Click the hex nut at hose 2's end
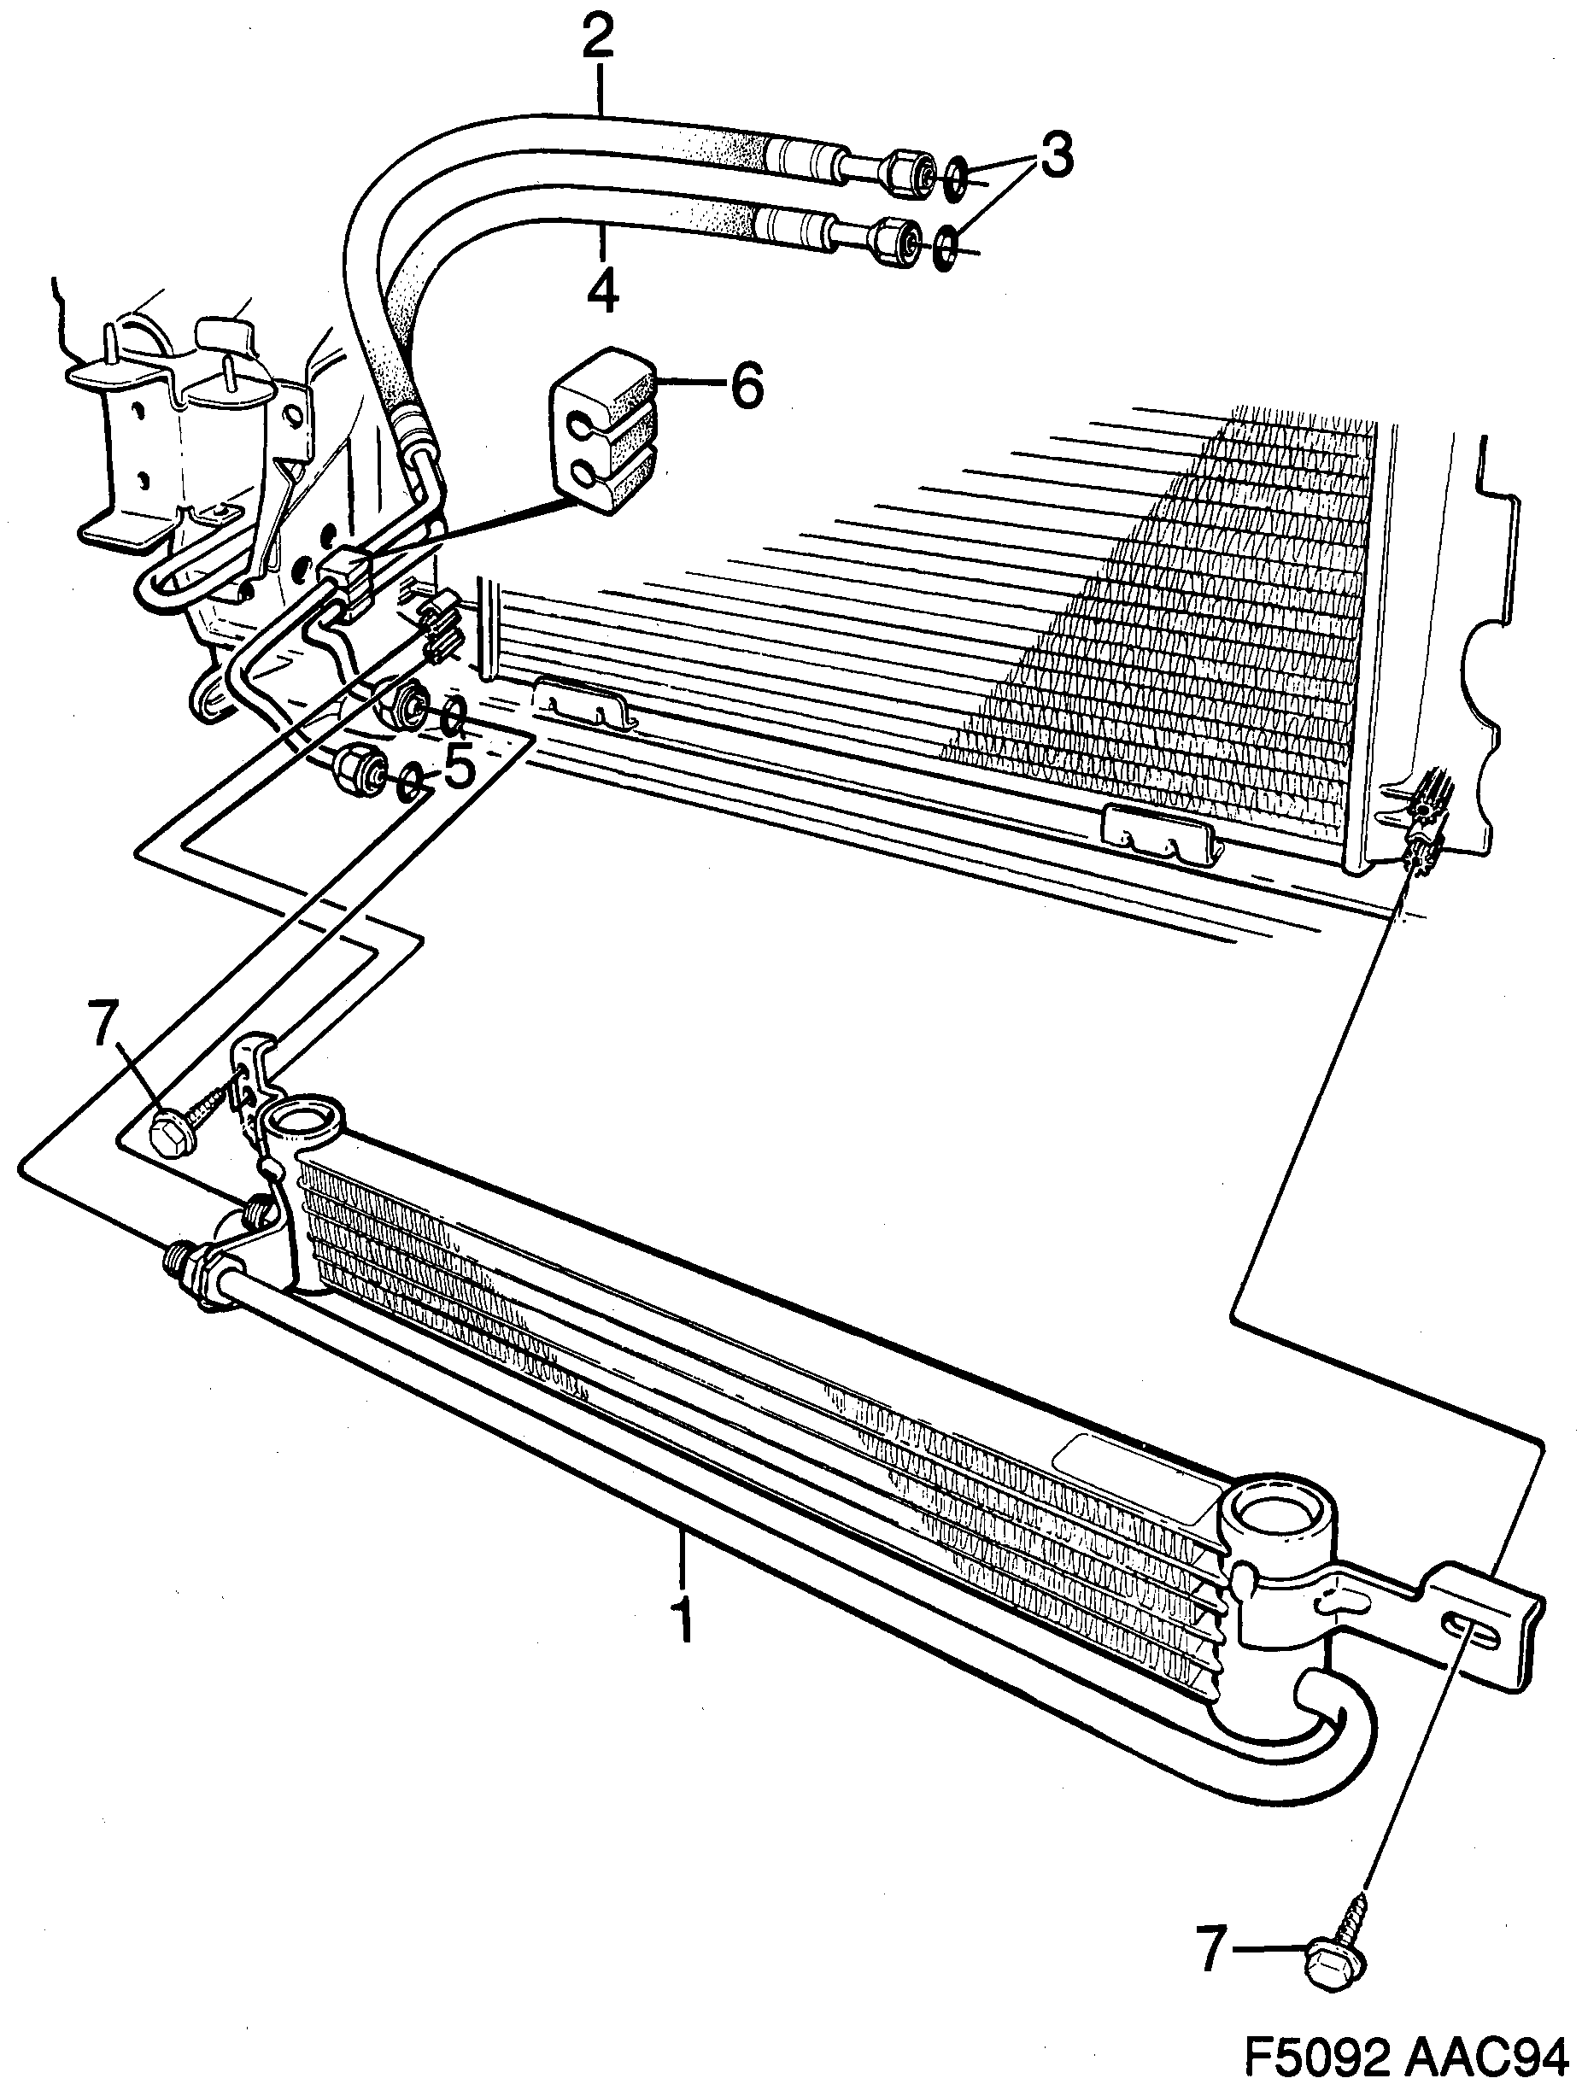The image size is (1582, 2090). (x=904, y=172)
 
